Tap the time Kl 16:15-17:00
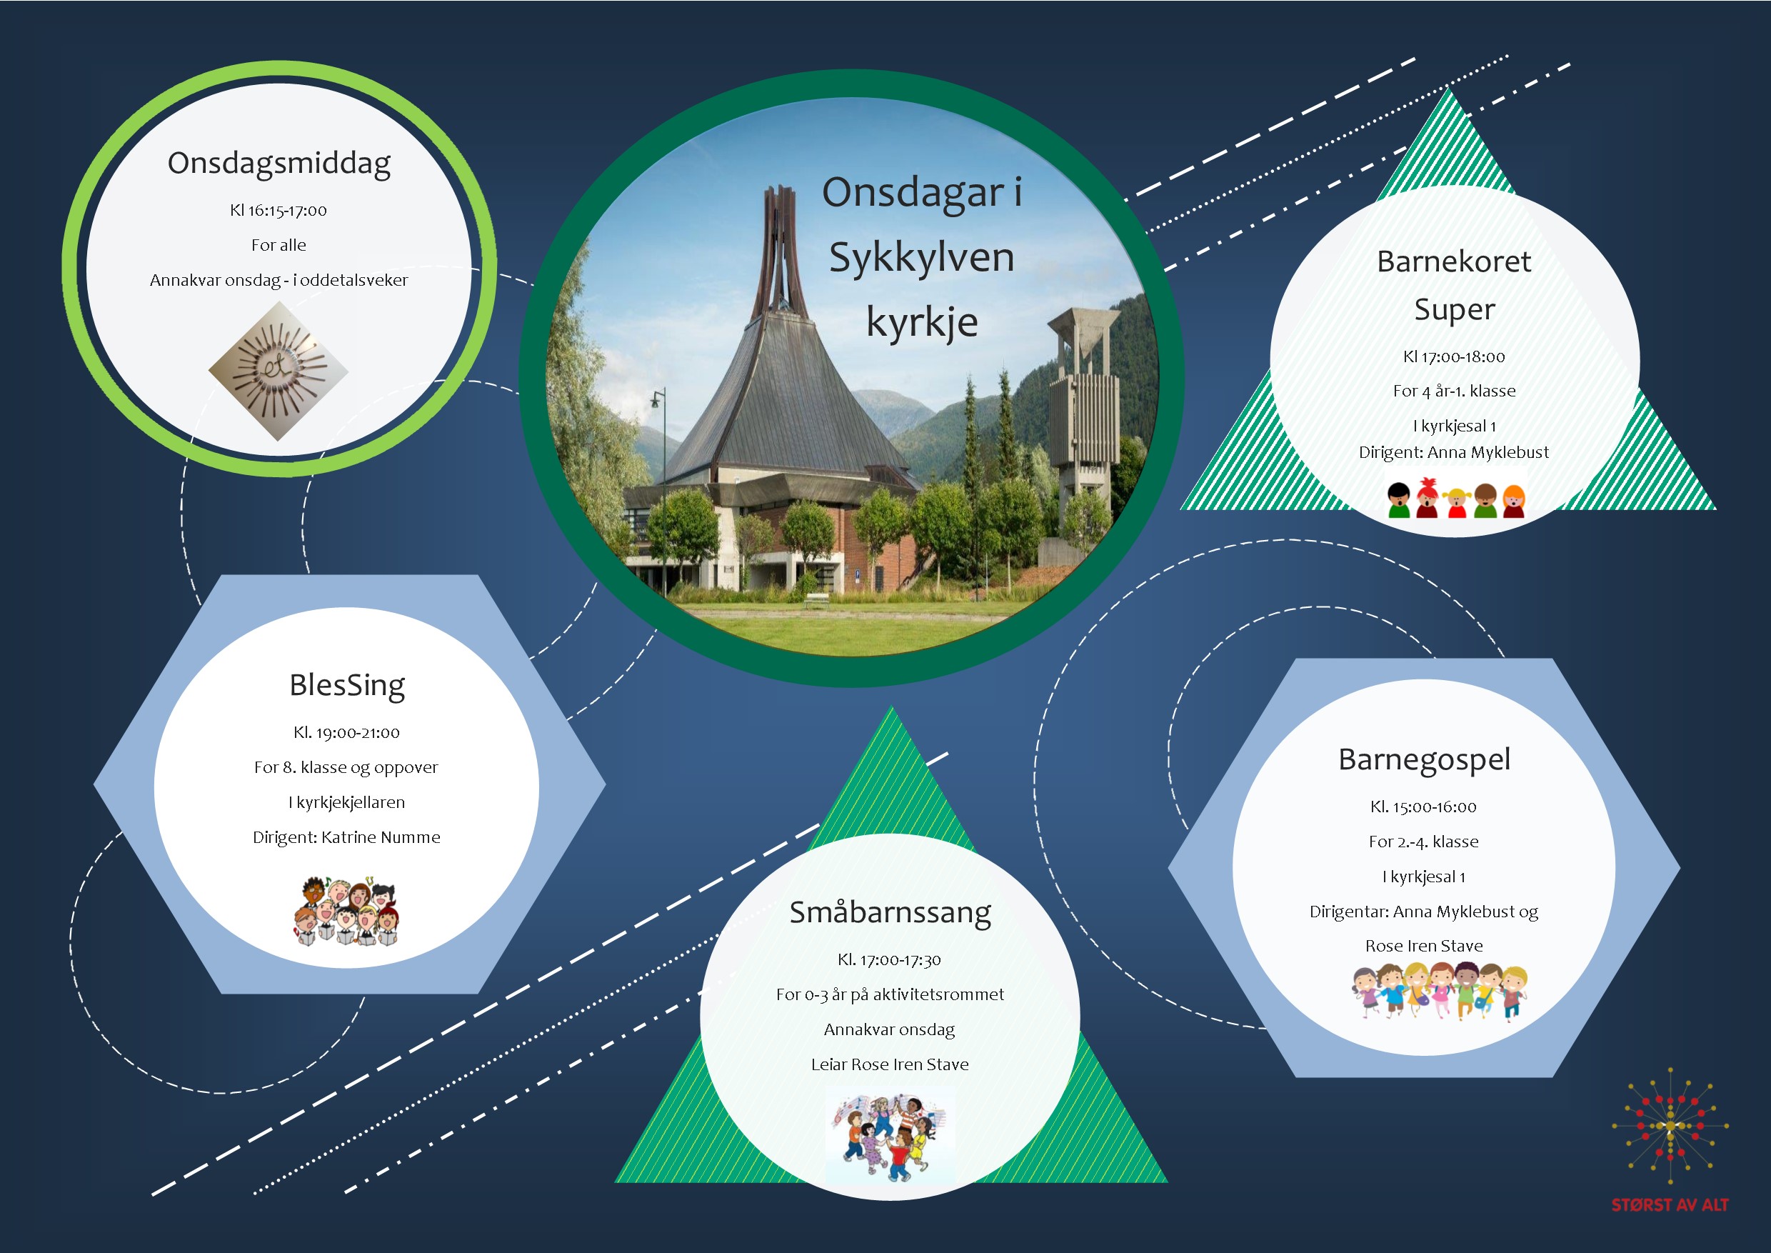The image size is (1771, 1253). point(279,210)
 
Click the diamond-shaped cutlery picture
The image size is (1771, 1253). point(279,371)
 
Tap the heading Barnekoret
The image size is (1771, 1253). point(1454,261)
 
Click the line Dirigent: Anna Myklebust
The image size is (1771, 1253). point(1454,452)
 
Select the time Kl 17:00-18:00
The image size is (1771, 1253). point(1454,356)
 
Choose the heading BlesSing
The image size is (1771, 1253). point(347,686)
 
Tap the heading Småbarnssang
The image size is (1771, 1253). point(890,914)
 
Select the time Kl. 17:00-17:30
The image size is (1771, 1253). point(889,960)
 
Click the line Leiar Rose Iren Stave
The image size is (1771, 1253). point(889,1064)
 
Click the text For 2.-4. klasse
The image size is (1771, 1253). point(1423,842)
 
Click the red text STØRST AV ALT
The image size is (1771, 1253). point(1670,1204)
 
